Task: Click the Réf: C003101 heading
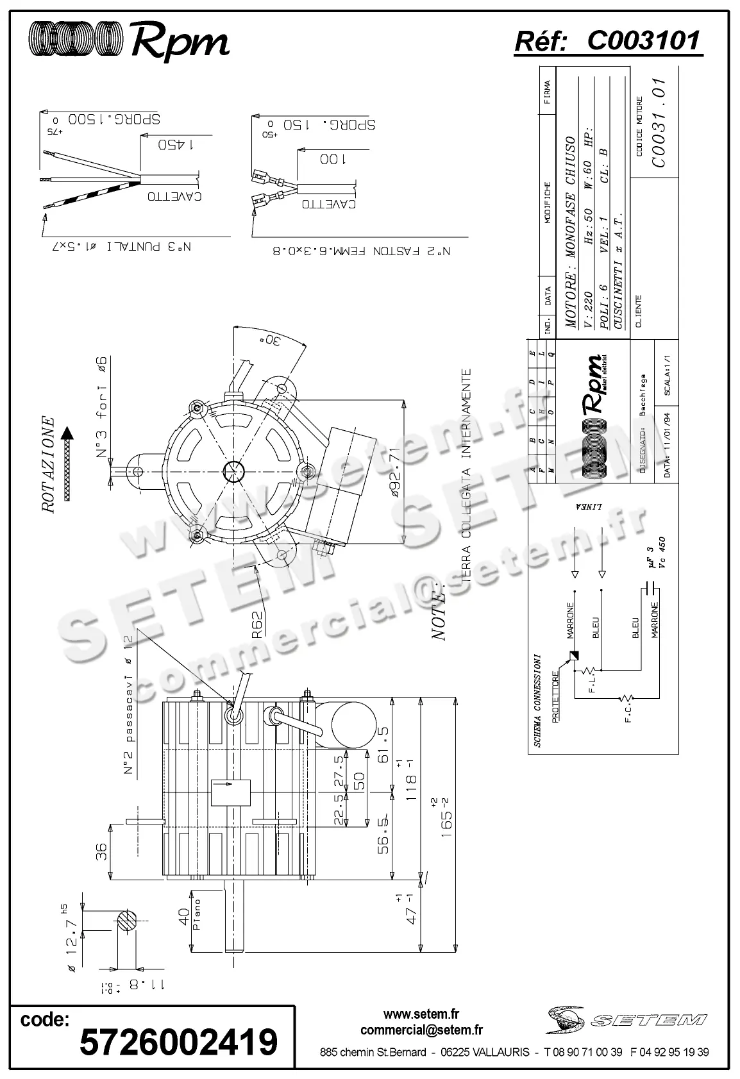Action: click(608, 42)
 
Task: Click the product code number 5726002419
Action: click(178, 1041)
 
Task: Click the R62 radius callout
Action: click(257, 624)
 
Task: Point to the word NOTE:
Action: click(439, 612)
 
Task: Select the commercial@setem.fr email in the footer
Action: click(421, 1030)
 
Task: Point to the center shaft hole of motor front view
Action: click(233, 471)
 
